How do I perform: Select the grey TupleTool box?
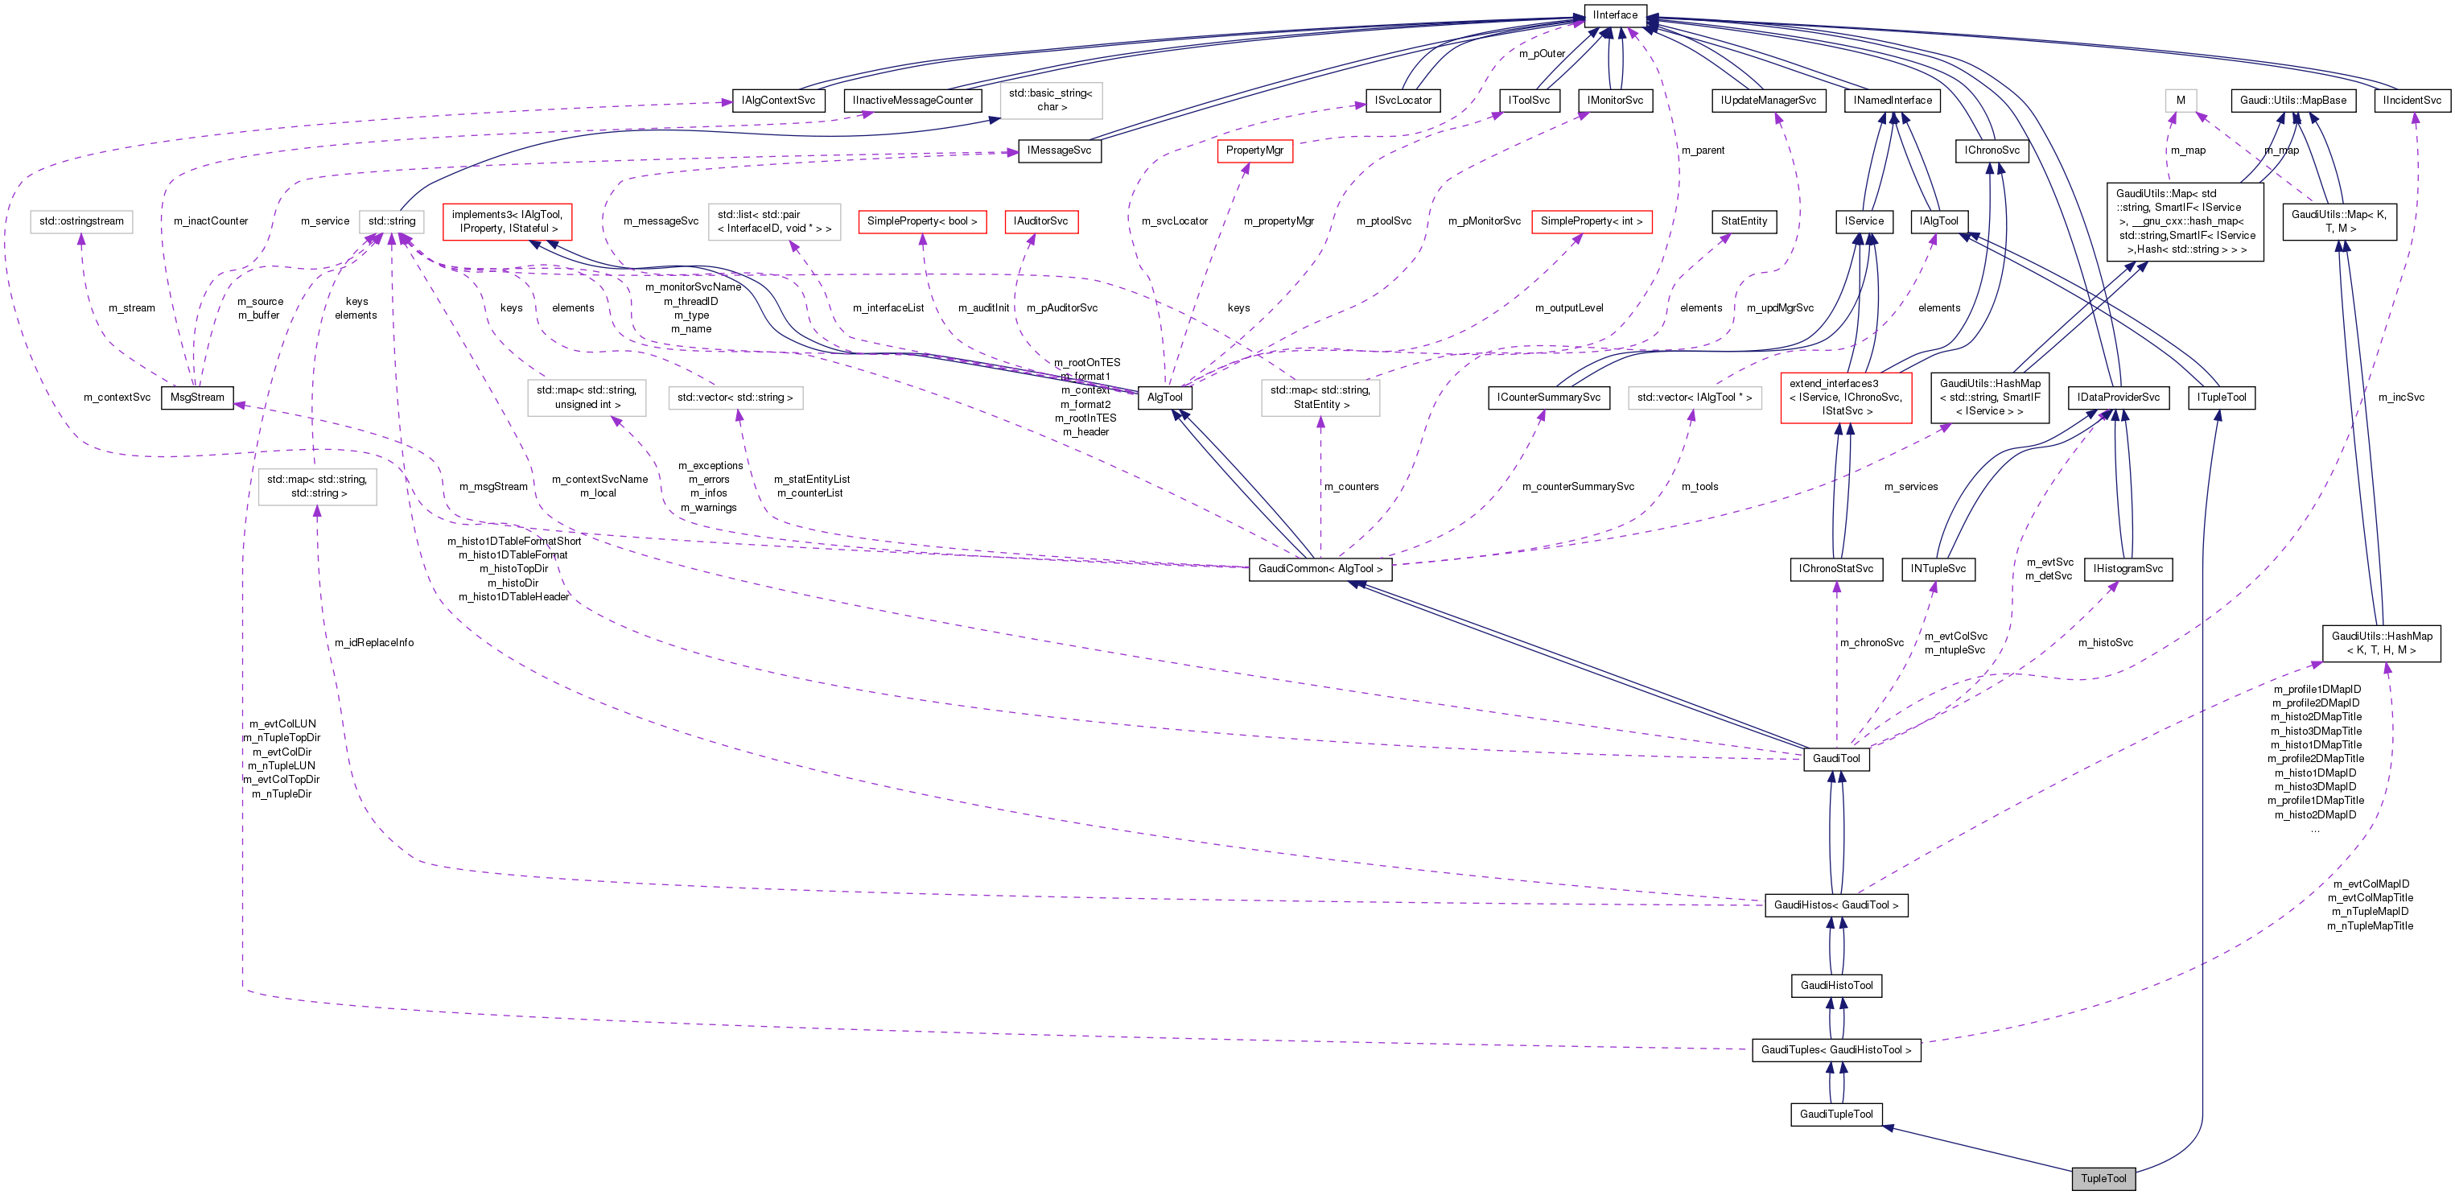click(2103, 1179)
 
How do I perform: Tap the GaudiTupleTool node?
click(1835, 1114)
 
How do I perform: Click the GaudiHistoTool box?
click(1835, 985)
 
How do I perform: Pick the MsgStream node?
click(197, 398)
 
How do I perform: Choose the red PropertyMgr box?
click(1254, 150)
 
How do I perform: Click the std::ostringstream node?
click(81, 221)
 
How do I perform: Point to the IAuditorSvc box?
click(1040, 221)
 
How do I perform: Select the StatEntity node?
click(1743, 221)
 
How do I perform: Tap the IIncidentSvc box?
click(2412, 100)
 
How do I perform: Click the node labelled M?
click(2180, 100)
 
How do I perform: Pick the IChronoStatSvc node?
click(1835, 569)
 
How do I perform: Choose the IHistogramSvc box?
click(2128, 569)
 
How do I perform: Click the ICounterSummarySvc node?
click(1549, 398)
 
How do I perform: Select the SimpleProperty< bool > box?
click(921, 221)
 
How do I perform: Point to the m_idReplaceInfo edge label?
click(373, 643)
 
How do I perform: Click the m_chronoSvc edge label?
click(1872, 643)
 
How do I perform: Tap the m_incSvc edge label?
click(2400, 398)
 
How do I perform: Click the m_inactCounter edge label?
click(211, 221)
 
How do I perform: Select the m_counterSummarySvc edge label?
click(1577, 487)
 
